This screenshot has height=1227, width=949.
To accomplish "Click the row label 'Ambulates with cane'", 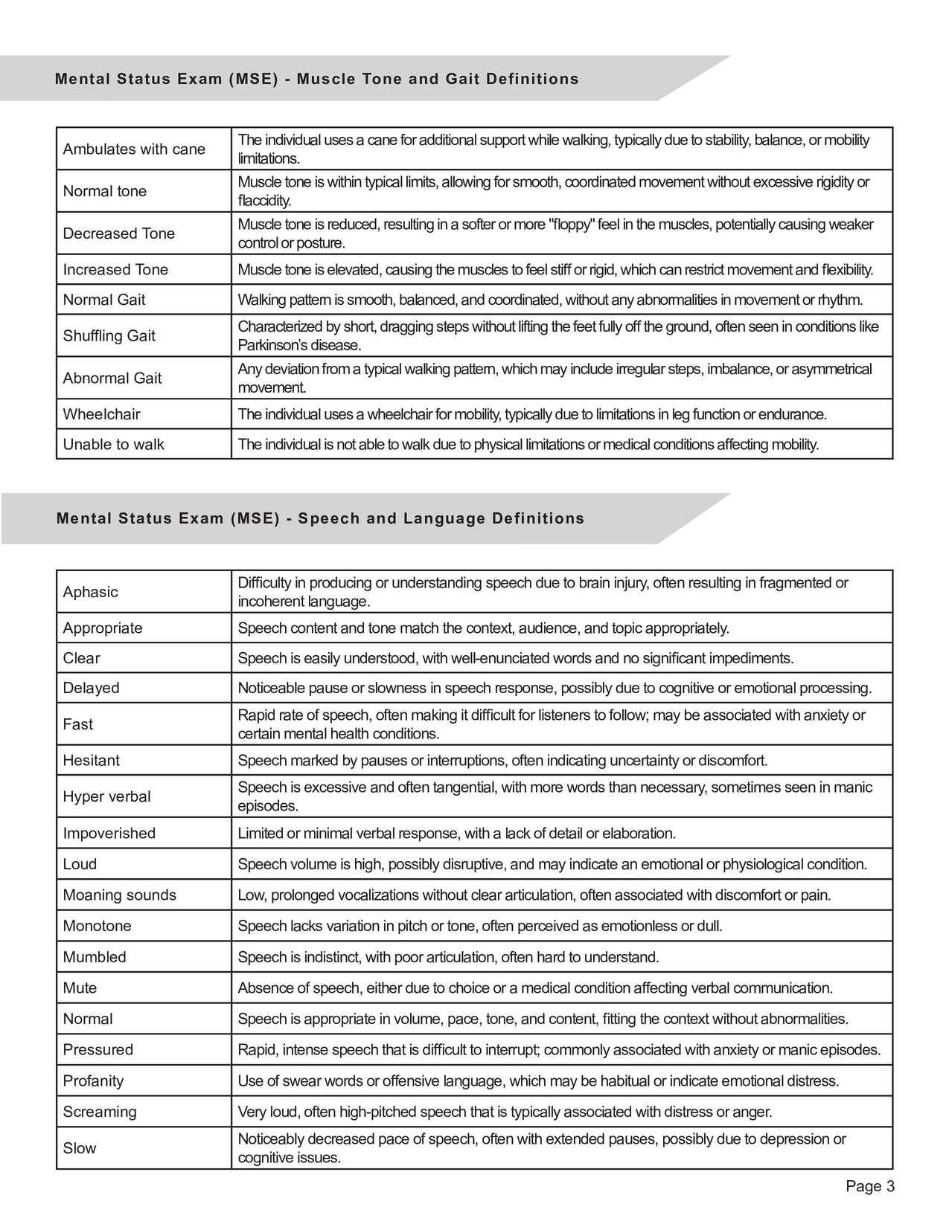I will [134, 149].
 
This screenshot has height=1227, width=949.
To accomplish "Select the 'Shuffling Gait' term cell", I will [109, 335].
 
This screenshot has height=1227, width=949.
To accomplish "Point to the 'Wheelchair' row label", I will [101, 414].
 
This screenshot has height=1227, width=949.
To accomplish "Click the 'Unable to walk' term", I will [113, 444].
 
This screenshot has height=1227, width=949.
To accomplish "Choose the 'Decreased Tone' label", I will [118, 234].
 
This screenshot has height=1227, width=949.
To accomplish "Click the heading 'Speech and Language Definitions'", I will [441, 518].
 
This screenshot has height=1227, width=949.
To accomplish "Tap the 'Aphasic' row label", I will [90, 592].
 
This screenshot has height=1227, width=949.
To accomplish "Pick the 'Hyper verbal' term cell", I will [106, 796].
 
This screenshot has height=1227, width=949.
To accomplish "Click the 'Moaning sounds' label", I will [119, 895].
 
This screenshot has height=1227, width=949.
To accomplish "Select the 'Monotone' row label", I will [97, 926].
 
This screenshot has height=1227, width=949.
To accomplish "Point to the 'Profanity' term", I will [93, 1081].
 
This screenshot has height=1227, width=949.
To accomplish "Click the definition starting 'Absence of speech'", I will [534, 988].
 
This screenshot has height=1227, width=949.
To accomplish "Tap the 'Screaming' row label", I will [100, 1112].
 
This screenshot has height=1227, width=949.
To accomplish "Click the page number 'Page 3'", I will [869, 1186].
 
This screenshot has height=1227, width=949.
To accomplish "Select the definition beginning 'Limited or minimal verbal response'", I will [456, 833].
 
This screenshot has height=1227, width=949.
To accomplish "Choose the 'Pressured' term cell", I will [98, 1049].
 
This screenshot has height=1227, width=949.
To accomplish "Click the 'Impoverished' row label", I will [109, 833].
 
